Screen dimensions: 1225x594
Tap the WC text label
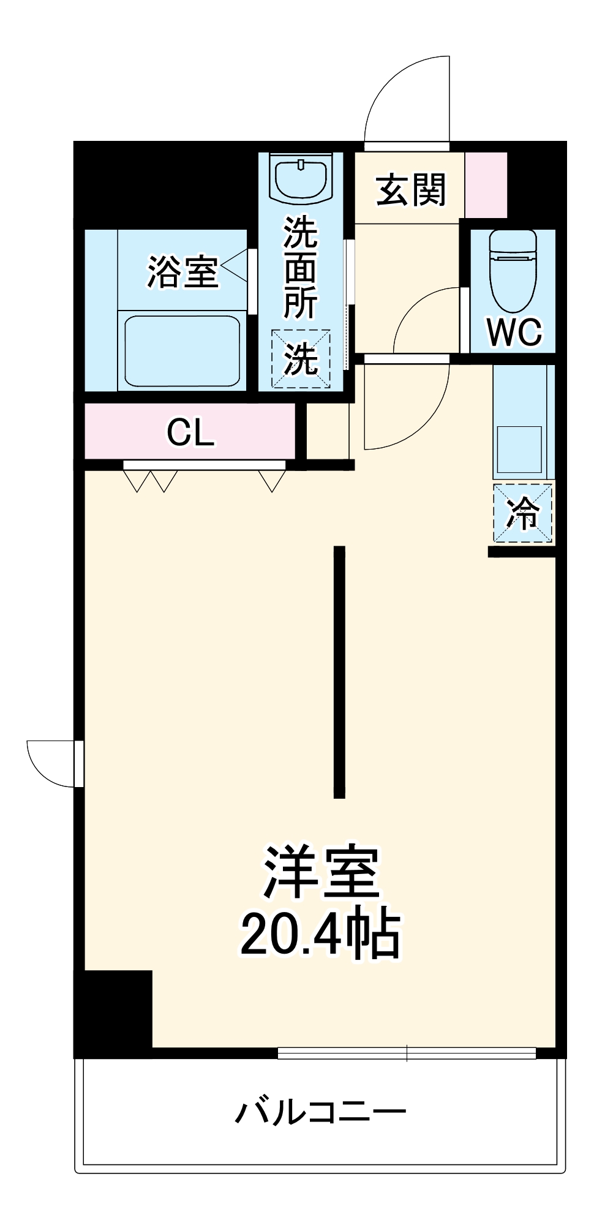(x=514, y=332)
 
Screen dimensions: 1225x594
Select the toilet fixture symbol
(x=513, y=269)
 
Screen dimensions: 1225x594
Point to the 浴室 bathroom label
(x=182, y=272)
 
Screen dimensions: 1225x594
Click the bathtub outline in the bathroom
(x=182, y=352)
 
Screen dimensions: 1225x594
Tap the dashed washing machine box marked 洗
(x=301, y=359)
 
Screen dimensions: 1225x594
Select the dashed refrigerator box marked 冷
(x=522, y=513)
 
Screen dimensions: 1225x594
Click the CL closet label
(x=190, y=432)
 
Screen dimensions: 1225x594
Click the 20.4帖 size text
(x=320, y=935)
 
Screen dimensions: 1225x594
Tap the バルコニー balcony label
(x=320, y=1111)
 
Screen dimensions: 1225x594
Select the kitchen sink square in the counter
(x=519, y=449)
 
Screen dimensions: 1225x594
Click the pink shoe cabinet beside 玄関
(x=486, y=185)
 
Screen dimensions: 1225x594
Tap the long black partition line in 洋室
(x=339, y=672)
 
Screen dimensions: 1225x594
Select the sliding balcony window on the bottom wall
(x=407, y=1053)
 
